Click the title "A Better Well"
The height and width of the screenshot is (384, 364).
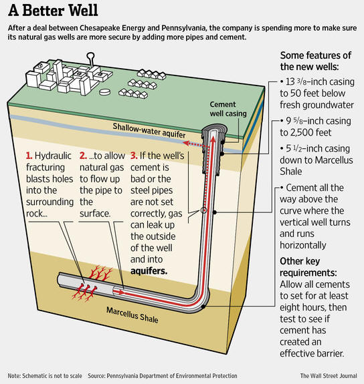pyautogui.click(x=53, y=11)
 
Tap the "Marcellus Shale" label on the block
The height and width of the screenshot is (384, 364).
pyautogui.click(x=132, y=315)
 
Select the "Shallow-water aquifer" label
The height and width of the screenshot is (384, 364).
pyautogui.click(x=149, y=130)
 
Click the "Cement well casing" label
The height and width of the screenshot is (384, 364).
pyautogui.click(x=228, y=109)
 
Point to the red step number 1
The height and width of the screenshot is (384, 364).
pyautogui.click(x=29, y=156)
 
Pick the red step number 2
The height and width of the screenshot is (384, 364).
pyautogui.click(x=83, y=156)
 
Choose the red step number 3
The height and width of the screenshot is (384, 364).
pyautogui.click(x=134, y=156)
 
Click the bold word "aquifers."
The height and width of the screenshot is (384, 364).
pyautogui.click(x=149, y=271)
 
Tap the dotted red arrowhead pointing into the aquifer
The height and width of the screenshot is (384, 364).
pyautogui.click(x=187, y=143)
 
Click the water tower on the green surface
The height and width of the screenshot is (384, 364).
pyautogui.click(x=91, y=59)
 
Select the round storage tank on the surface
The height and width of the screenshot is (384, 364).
pyautogui.click(x=104, y=92)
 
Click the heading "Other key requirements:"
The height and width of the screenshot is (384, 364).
pyautogui.click(x=308, y=267)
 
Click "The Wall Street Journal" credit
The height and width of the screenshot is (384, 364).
pyautogui.click(x=329, y=376)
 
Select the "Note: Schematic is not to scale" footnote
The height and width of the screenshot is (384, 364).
pyautogui.click(x=45, y=376)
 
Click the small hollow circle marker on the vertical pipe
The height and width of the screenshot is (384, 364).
pyautogui.click(x=203, y=210)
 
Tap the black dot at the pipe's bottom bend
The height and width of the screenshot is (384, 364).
pyautogui.click(x=203, y=307)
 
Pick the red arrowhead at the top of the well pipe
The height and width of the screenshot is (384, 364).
pyautogui.click(x=213, y=139)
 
